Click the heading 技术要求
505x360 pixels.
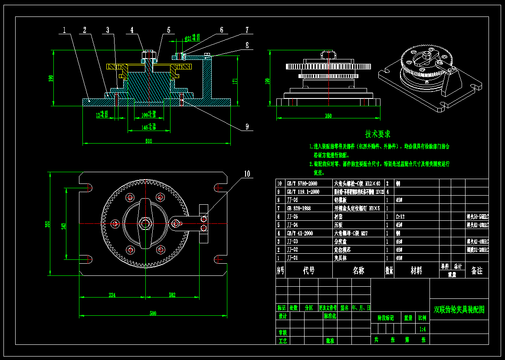[x=377, y=134]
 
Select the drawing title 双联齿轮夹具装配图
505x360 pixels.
[x=459, y=310]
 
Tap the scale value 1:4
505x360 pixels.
[x=422, y=329]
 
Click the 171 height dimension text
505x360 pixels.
[x=235, y=81]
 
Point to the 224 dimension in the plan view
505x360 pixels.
[x=112, y=295]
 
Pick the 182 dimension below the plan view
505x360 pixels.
[x=171, y=295]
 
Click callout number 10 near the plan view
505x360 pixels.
[x=246, y=174]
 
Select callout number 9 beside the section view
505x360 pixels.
[x=247, y=127]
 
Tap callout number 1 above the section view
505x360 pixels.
[x=64, y=30]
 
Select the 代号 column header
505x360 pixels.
[x=308, y=271]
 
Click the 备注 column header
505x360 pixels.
[x=476, y=271]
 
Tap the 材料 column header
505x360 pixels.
[x=416, y=271]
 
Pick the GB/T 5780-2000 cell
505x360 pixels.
[x=302, y=183]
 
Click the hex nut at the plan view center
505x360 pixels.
[x=144, y=224]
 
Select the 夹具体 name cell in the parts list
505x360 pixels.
[x=341, y=258]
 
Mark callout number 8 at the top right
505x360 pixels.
[x=246, y=45]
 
